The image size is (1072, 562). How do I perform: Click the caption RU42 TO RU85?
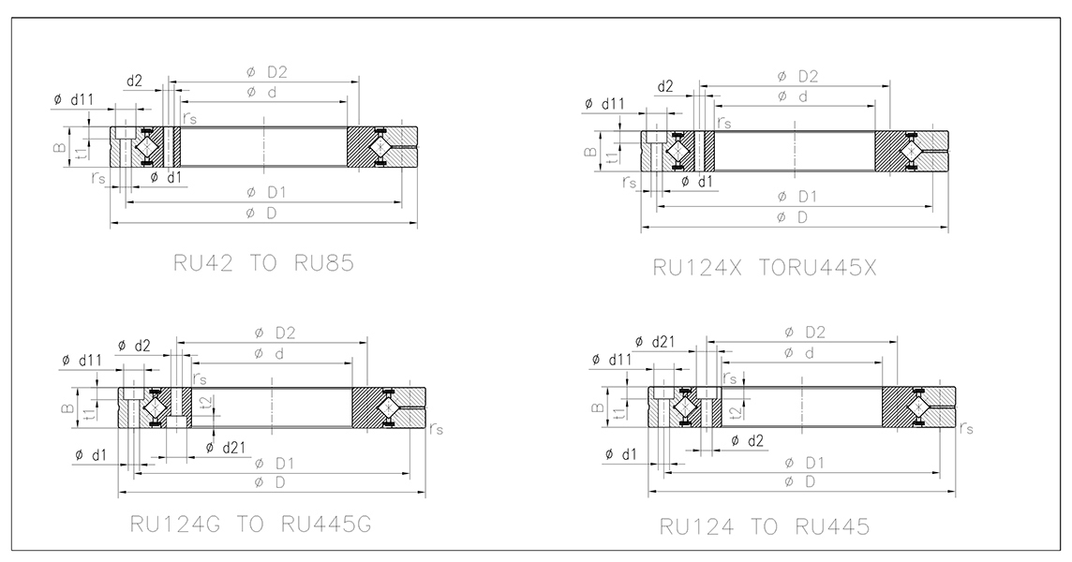(x=264, y=263)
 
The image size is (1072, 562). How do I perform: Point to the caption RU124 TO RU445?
(x=763, y=527)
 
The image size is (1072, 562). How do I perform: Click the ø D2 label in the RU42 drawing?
(x=267, y=71)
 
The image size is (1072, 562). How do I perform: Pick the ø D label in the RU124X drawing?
(x=796, y=217)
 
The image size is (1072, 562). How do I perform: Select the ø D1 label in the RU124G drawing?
(x=273, y=463)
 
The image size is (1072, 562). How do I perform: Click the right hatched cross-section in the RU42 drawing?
(x=380, y=148)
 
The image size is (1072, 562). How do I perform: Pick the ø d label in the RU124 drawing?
(x=797, y=352)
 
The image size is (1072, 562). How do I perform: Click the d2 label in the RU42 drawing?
(x=134, y=81)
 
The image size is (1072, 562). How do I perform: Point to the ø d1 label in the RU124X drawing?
(x=696, y=181)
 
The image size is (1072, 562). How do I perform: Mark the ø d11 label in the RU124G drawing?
(x=83, y=360)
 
